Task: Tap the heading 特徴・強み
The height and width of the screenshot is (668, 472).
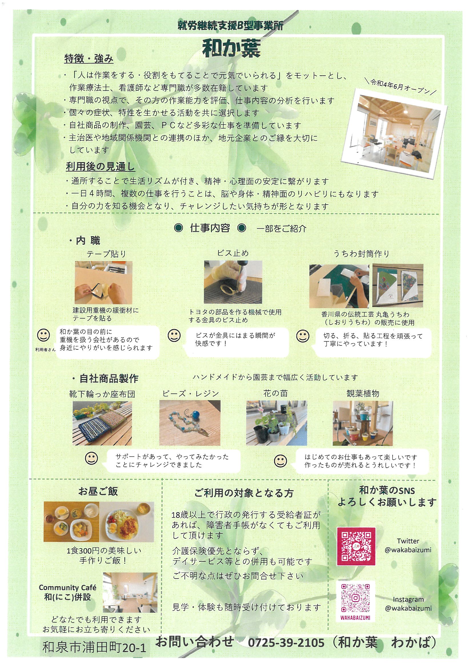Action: [x=89, y=59]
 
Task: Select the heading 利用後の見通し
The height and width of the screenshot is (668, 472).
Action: [x=100, y=167]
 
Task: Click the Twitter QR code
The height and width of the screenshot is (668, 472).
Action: [x=356, y=544]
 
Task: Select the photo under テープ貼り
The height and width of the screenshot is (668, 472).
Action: [x=104, y=282]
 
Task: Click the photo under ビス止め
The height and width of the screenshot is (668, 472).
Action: [x=233, y=282]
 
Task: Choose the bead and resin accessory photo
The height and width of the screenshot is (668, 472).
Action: [x=190, y=423]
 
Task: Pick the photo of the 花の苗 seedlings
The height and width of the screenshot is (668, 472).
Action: [x=277, y=423]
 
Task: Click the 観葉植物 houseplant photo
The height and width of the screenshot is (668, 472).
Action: [x=363, y=423]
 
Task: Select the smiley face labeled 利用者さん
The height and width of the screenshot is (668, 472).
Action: [x=44, y=335]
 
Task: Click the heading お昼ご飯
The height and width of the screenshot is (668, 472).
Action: [x=98, y=491]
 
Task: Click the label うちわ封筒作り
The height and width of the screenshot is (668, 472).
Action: [x=361, y=254]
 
